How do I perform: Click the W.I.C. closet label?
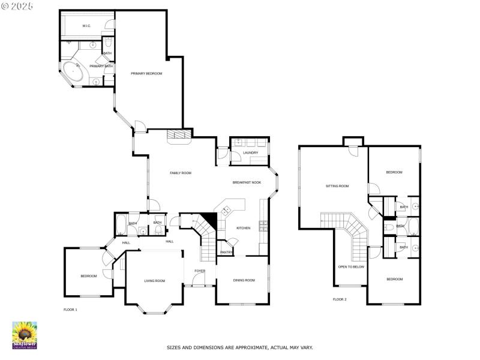click(x=86, y=26)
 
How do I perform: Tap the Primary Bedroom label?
click(x=147, y=73)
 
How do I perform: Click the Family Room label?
click(x=180, y=173)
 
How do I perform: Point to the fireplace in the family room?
click(x=179, y=135)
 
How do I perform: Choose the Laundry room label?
click(x=250, y=152)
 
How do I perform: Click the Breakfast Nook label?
click(x=247, y=182)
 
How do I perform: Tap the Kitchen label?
click(x=243, y=228)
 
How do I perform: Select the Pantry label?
click(x=226, y=252)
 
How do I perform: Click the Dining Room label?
click(x=244, y=280)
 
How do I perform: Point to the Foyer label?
click(x=199, y=271)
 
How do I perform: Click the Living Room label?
click(x=154, y=281)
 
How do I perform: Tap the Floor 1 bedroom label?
click(x=89, y=276)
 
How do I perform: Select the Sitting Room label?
click(x=337, y=186)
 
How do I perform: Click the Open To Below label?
click(x=351, y=266)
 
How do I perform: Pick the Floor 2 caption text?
click(x=340, y=299)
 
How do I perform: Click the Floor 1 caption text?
click(x=70, y=310)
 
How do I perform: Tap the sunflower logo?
click(x=25, y=334)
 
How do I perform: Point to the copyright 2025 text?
click(x=17, y=5)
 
